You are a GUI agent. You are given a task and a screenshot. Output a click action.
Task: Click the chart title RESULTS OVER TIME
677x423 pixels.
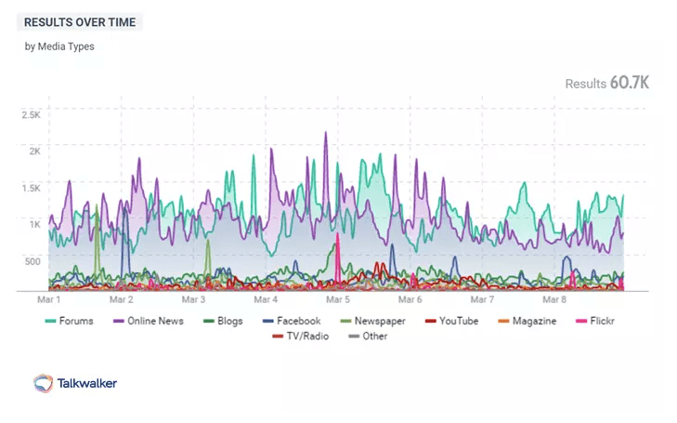[x=80, y=21]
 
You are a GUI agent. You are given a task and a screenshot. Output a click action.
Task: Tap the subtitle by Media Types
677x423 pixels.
[x=59, y=46]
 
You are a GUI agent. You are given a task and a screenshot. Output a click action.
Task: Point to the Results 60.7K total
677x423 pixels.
[x=606, y=84]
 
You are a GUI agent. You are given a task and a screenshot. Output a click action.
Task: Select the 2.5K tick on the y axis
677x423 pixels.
[x=32, y=115]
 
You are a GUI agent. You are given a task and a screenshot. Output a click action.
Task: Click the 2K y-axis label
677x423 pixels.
[x=34, y=151]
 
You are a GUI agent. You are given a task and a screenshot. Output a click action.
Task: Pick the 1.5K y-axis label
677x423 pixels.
[x=32, y=188]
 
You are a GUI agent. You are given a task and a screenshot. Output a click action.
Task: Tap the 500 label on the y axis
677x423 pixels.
[x=32, y=261]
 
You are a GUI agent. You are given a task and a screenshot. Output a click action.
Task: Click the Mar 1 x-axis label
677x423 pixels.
[x=47, y=300]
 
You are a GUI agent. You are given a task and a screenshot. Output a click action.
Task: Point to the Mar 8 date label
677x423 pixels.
[x=554, y=300]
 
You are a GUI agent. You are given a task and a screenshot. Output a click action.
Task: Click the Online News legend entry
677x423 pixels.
[x=148, y=321]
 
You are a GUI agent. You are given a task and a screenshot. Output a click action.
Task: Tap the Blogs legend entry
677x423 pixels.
[x=222, y=321]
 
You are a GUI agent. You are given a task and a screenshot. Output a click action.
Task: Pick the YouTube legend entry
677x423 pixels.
[x=451, y=321]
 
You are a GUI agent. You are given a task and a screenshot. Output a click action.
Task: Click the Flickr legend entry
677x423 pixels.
[x=595, y=321]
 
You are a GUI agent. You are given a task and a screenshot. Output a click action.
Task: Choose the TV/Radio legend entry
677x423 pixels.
[x=298, y=336]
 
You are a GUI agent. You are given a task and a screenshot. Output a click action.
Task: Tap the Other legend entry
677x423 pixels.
[x=368, y=336]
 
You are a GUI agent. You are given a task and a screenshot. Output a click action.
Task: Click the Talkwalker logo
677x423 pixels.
[x=75, y=382]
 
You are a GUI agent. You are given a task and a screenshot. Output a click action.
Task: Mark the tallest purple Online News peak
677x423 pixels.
[x=326, y=133]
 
